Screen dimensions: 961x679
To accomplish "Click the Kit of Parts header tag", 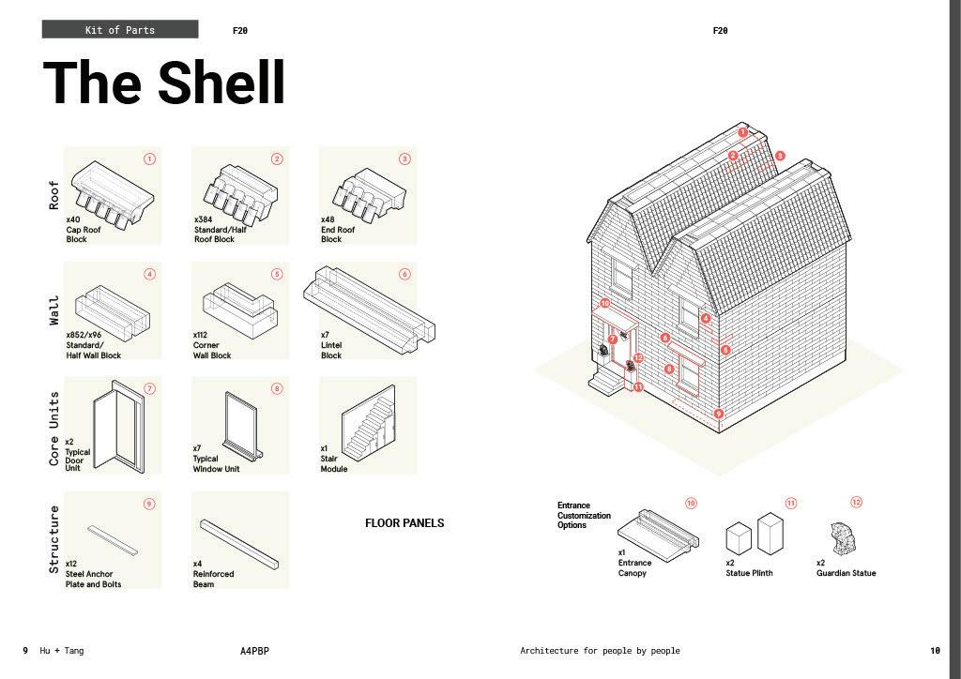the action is (x=120, y=30).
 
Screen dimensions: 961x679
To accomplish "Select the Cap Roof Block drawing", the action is (x=112, y=192).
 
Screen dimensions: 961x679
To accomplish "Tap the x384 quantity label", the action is (x=204, y=219).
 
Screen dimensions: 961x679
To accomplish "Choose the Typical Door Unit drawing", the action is (x=118, y=425).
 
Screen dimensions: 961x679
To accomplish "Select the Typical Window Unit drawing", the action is (x=242, y=425).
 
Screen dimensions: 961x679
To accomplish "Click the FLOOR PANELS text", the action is (x=404, y=523).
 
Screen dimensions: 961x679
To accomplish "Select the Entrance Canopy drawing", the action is (x=658, y=530).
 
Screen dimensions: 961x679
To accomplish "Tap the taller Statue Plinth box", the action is (x=770, y=533).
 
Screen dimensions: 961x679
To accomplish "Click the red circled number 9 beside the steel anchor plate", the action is (x=149, y=504).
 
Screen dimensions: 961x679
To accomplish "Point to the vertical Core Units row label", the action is (x=53, y=428).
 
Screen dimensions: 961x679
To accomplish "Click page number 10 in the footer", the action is (x=935, y=651).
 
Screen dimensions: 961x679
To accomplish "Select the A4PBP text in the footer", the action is (x=254, y=651).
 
